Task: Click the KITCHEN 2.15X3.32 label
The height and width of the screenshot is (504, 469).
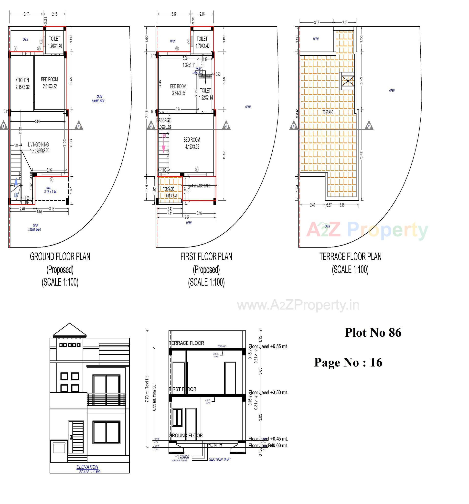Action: [x=22, y=83]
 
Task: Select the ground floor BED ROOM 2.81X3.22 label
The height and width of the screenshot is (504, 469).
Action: [x=49, y=83]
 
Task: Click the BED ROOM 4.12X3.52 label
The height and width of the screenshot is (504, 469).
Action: [x=192, y=143]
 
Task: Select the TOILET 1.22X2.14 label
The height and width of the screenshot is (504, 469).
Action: [x=206, y=94]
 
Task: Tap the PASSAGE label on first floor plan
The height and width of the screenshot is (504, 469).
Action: [x=163, y=120]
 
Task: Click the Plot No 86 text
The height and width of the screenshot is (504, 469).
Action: [x=373, y=332]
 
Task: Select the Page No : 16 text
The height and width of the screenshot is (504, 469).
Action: [x=348, y=362]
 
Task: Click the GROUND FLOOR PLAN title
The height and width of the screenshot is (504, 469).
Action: [x=60, y=257]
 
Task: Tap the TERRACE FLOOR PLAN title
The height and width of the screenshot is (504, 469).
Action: [x=350, y=257]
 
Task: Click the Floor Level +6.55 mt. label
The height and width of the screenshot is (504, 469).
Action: [x=268, y=346]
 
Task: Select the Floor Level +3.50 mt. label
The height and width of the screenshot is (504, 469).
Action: [x=268, y=392]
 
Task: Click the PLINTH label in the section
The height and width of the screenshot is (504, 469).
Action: [x=215, y=445]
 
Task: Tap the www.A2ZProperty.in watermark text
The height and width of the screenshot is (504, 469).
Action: [x=298, y=305]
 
